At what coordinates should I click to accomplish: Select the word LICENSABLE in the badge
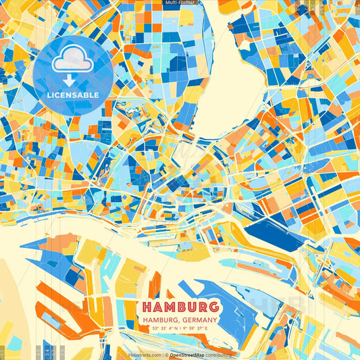click(72, 95)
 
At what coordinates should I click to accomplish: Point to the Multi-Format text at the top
click(179, 3)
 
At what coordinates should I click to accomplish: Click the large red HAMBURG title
click(180, 306)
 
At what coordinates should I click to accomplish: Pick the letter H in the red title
click(149, 306)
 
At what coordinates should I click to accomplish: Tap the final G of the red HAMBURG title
click(212, 306)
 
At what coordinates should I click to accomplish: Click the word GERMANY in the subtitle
click(199, 319)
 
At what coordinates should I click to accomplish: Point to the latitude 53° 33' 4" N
click(162, 329)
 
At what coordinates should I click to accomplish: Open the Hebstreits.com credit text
click(145, 355)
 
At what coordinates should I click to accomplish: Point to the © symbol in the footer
click(164, 355)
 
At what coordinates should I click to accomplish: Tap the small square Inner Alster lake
click(183, 155)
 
